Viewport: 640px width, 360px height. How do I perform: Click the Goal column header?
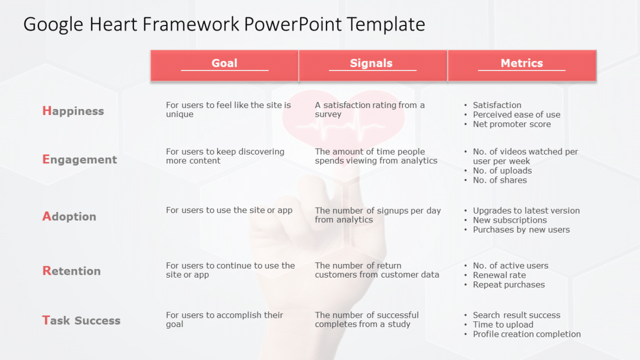(225, 63)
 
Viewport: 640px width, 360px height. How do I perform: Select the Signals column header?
(371, 63)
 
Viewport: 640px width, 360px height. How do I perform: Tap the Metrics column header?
(522, 63)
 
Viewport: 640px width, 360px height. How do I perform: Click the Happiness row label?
(73, 111)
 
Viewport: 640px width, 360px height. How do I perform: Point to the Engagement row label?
(80, 159)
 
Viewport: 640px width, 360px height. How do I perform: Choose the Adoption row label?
(69, 216)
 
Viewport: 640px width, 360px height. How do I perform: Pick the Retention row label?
(72, 271)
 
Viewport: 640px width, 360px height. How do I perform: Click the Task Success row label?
(81, 320)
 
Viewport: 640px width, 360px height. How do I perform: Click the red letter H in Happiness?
(47, 111)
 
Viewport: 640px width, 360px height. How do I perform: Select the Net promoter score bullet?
(511, 124)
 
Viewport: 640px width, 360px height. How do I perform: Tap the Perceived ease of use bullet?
(516, 114)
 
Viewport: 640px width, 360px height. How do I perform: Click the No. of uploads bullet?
(502, 171)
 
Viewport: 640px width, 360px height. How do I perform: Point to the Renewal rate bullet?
(499, 275)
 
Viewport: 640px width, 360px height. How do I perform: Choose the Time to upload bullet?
(503, 325)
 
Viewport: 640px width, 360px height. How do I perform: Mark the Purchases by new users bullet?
(521, 230)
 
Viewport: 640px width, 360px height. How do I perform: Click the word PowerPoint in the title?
(292, 24)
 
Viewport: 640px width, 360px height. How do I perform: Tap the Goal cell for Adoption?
(229, 210)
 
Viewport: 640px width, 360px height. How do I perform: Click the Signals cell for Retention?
(377, 270)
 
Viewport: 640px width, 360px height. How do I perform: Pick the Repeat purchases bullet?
(509, 285)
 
